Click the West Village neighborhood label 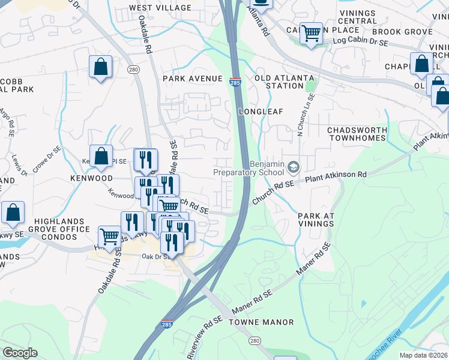point(160,8)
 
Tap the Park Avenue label point(193,79)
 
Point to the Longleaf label point(260,112)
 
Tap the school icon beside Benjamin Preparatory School point(294,166)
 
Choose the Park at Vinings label point(315,220)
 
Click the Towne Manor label point(267,322)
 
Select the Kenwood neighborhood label point(91,179)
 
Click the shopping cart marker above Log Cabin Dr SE point(311,34)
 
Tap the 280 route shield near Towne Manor point(255,341)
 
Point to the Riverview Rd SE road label point(205,330)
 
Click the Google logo point(20,353)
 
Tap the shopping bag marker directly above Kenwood point(101,157)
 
